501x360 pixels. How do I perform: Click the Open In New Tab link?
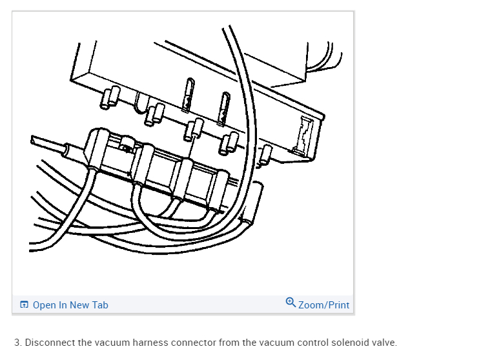[70, 305]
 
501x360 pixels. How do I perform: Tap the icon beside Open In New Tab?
[25, 305]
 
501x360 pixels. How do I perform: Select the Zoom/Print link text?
[323, 305]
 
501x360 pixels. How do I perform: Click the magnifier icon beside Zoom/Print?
[291, 302]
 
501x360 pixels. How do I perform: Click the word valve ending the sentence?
[383, 343]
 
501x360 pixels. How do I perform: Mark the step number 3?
[17, 343]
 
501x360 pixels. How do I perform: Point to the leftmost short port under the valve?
[108, 96]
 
